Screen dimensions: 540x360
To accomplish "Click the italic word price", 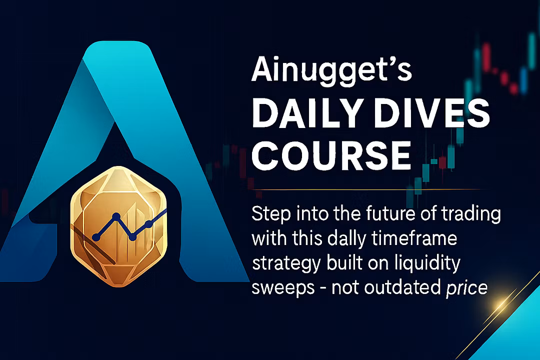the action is coord(466,288).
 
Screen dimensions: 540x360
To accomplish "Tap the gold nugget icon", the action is coord(118,226).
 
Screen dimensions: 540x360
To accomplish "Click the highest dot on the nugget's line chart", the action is coord(116,216).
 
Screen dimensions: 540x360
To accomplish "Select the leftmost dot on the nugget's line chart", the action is coord(96,237).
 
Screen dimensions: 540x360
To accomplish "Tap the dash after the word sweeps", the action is coord(323,288).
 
